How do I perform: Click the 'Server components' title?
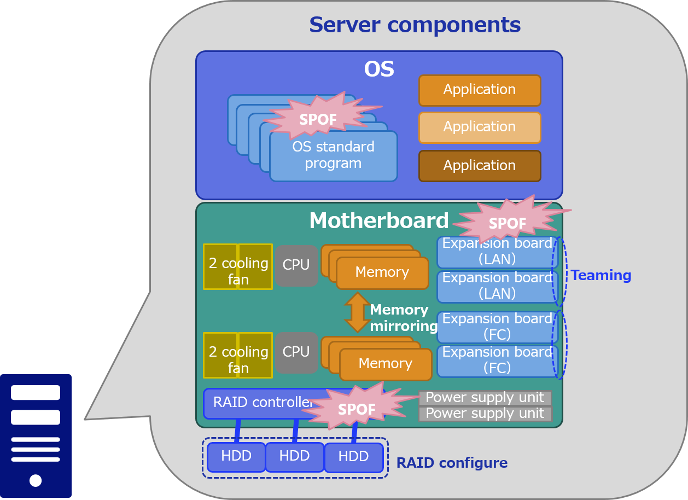pyautogui.click(x=415, y=25)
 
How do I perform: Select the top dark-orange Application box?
pyautogui.click(x=480, y=90)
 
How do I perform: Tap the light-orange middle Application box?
pyautogui.click(x=480, y=127)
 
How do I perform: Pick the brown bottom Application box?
pyautogui.click(x=480, y=166)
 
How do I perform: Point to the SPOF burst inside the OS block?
pyautogui.click(x=318, y=118)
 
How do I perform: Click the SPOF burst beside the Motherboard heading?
pyautogui.click(x=508, y=222)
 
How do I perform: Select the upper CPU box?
pyautogui.click(x=296, y=265)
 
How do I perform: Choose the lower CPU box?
pyautogui.click(x=296, y=352)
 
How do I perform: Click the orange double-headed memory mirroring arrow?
pyautogui.click(x=357, y=312)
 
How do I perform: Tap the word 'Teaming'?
pyautogui.click(x=601, y=276)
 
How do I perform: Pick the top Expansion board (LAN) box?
pyautogui.click(x=497, y=252)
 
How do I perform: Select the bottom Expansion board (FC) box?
pyautogui.click(x=497, y=361)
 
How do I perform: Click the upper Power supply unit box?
pyautogui.click(x=485, y=398)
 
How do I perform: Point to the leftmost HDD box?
pyautogui.click(x=236, y=457)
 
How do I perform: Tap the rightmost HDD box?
pyautogui.click(x=354, y=457)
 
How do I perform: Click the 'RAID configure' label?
pyautogui.click(x=452, y=463)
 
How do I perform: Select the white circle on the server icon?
pyautogui.click(x=36, y=480)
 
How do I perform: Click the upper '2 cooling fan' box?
pyautogui.click(x=238, y=266)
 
